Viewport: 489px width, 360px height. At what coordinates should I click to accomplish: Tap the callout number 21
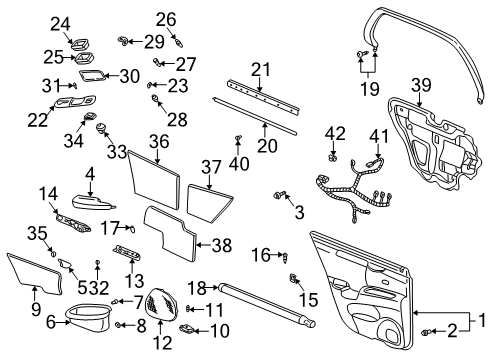tap(261, 68)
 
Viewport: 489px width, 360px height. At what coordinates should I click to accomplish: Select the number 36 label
tap(159, 142)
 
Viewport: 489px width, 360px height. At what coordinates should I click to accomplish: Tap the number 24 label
tap(61, 23)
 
